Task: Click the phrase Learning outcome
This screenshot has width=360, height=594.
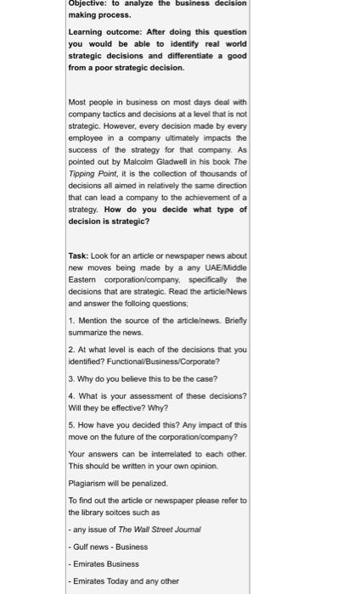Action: pyautogui.click(x=98, y=32)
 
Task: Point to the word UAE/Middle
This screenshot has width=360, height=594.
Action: pyautogui.click(x=223, y=267)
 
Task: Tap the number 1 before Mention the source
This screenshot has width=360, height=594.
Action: pyautogui.click(x=70, y=321)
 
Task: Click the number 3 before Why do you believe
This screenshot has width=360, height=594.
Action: pyautogui.click(x=70, y=379)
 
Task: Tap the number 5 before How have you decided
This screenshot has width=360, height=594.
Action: pyautogui.click(x=70, y=425)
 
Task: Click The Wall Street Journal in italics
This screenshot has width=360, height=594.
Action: pyautogui.click(x=159, y=530)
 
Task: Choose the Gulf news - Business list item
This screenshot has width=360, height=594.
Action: pyautogui.click(x=110, y=546)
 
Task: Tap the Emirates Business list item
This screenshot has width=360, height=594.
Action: pyautogui.click(x=106, y=563)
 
